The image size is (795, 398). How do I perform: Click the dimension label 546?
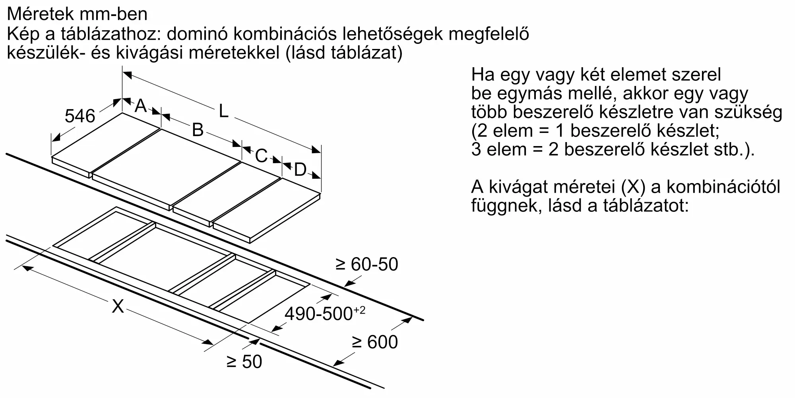pos(80,116)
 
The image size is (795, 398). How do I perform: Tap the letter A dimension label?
pos(141,106)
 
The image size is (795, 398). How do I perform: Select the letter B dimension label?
pos(198,130)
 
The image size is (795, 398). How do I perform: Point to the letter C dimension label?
pos(261,156)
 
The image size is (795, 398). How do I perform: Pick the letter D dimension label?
pos(300,170)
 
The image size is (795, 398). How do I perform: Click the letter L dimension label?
pos(224,111)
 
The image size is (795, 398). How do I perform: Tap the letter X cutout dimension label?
pos(118,306)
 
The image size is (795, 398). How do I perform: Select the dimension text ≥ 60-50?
pos(366,264)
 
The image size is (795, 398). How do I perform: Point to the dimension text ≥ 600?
pos(374,342)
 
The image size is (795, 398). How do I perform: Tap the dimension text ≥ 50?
pos(244,362)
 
